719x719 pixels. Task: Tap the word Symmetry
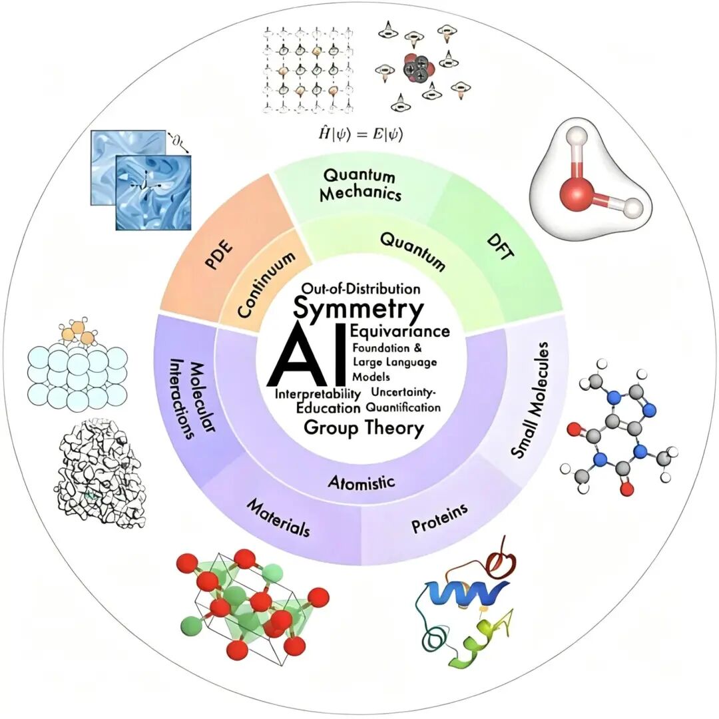(358, 309)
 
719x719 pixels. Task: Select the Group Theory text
(363, 428)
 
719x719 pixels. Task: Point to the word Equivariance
(400, 331)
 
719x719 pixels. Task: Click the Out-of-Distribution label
(361, 289)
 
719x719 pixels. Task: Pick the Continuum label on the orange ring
(266, 284)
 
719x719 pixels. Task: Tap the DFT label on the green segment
(501, 247)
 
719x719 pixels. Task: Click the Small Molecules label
(530, 399)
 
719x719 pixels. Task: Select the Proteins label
(439, 518)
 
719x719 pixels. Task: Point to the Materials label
(278, 518)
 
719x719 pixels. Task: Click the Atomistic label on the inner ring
(361, 482)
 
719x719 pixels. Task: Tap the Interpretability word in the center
(318, 394)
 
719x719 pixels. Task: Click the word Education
(328, 407)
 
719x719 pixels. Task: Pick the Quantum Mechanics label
(360, 185)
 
